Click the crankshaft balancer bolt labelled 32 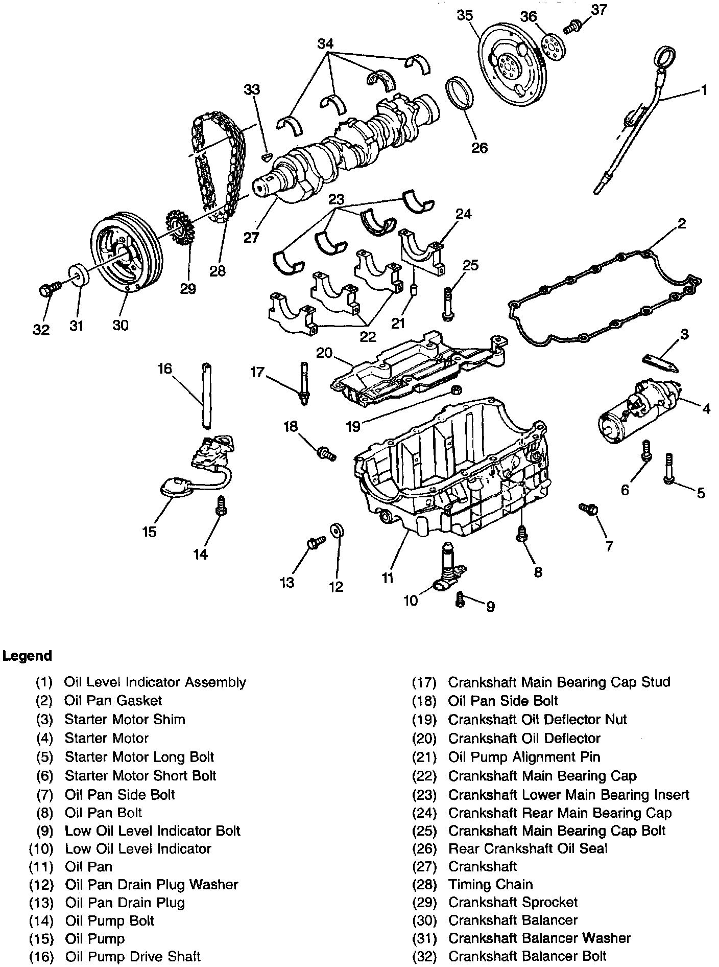click(x=47, y=290)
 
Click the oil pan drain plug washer click(x=337, y=530)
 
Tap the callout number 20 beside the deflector click(x=324, y=353)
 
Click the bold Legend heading click(x=27, y=656)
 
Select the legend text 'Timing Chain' click(x=490, y=884)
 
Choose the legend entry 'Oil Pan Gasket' click(x=113, y=701)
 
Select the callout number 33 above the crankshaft click(x=252, y=90)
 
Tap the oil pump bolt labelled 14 click(x=221, y=505)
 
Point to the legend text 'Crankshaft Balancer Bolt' click(x=527, y=956)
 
